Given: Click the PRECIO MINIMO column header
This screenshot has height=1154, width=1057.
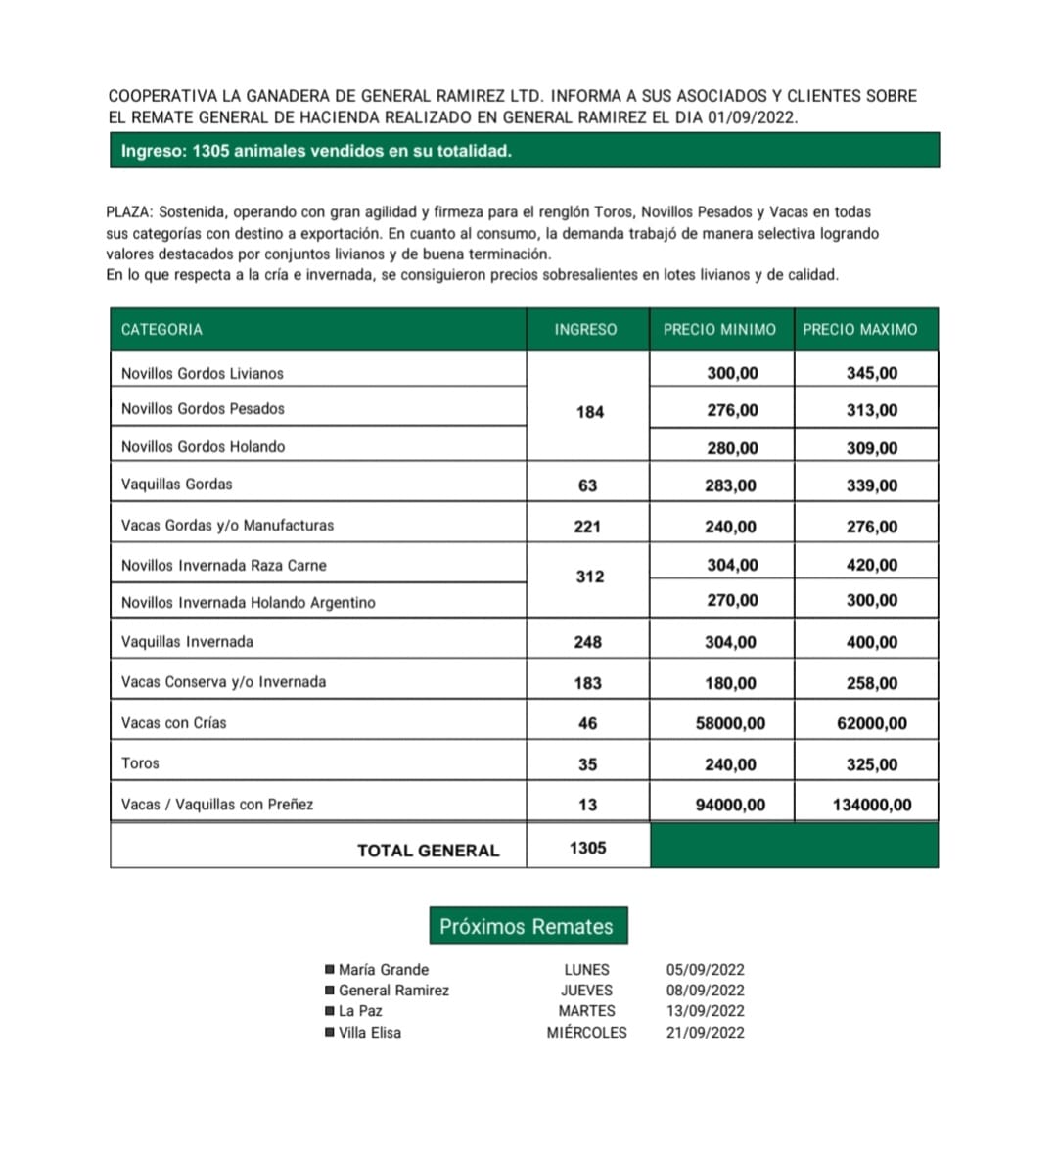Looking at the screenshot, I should point(719,330).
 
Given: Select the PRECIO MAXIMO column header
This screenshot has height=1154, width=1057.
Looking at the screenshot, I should point(860,330).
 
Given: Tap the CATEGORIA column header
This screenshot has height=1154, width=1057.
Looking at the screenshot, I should point(161,330).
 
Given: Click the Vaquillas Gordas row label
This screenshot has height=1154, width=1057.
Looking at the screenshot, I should point(177,485).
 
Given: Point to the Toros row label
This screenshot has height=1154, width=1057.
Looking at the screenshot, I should point(140,763).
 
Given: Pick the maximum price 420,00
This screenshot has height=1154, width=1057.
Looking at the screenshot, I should point(871,565).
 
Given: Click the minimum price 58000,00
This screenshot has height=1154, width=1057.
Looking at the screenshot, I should point(730,723).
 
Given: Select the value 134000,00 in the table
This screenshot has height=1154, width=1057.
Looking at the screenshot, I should point(871,805).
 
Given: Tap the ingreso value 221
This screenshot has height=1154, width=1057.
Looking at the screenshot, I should point(587,527).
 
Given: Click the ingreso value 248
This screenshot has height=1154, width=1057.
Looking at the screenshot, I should point(587,642).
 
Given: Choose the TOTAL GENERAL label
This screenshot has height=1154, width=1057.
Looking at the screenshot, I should point(428,851).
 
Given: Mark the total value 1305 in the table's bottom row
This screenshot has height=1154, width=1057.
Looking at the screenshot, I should point(587,848).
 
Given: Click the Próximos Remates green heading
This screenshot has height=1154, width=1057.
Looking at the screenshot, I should point(527,926).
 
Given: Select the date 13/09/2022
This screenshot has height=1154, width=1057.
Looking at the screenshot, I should point(705,1011).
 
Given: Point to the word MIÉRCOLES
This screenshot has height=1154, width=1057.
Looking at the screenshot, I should point(586,1033).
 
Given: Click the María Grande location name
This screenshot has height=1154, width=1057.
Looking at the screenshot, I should point(384,970).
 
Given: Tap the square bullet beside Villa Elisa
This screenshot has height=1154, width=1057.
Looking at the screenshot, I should point(330,1032).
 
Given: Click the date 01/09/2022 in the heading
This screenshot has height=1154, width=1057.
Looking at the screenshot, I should point(752,117).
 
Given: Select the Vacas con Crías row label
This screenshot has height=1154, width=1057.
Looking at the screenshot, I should point(173,723).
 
